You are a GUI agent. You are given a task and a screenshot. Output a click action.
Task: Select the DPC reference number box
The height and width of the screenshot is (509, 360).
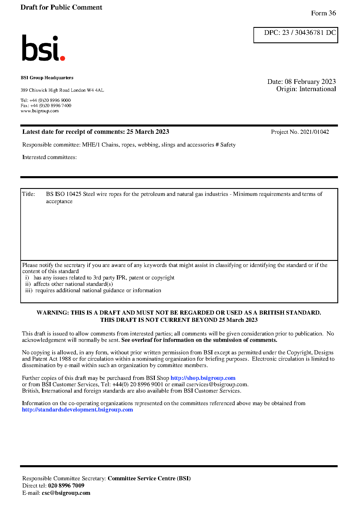[x=296, y=35]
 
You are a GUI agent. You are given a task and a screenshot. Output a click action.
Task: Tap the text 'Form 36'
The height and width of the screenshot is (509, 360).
[x=323, y=13]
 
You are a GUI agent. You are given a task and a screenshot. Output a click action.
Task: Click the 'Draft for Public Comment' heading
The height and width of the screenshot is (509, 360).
[x=61, y=7]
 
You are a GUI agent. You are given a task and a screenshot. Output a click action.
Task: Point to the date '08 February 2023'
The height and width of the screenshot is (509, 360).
[x=310, y=82]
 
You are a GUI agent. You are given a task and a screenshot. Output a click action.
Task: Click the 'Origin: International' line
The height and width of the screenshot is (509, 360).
[x=306, y=89]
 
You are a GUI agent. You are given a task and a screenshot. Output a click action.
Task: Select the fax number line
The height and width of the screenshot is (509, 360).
[x=46, y=106]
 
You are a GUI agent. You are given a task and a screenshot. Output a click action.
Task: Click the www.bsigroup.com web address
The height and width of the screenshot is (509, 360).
[x=39, y=111]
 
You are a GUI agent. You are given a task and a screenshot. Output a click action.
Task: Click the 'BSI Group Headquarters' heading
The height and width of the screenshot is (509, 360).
[x=47, y=78]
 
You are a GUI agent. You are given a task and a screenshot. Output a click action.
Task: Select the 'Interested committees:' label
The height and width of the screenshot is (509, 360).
[x=50, y=157]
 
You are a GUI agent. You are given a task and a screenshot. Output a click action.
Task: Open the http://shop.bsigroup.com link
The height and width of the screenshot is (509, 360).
[x=203, y=378]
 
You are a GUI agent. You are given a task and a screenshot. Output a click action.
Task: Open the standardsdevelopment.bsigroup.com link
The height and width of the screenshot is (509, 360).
[x=78, y=410]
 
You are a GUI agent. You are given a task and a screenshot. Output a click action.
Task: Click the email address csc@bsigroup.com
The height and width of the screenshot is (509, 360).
[x=66, y=493]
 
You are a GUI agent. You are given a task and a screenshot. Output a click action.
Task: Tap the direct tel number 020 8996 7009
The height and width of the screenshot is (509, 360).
[x=66, y=486]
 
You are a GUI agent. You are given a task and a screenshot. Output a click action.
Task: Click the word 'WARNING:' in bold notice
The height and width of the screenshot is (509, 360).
[x=53, y=313]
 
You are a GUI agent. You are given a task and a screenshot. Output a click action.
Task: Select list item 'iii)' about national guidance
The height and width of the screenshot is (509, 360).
[x=93, y=290]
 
